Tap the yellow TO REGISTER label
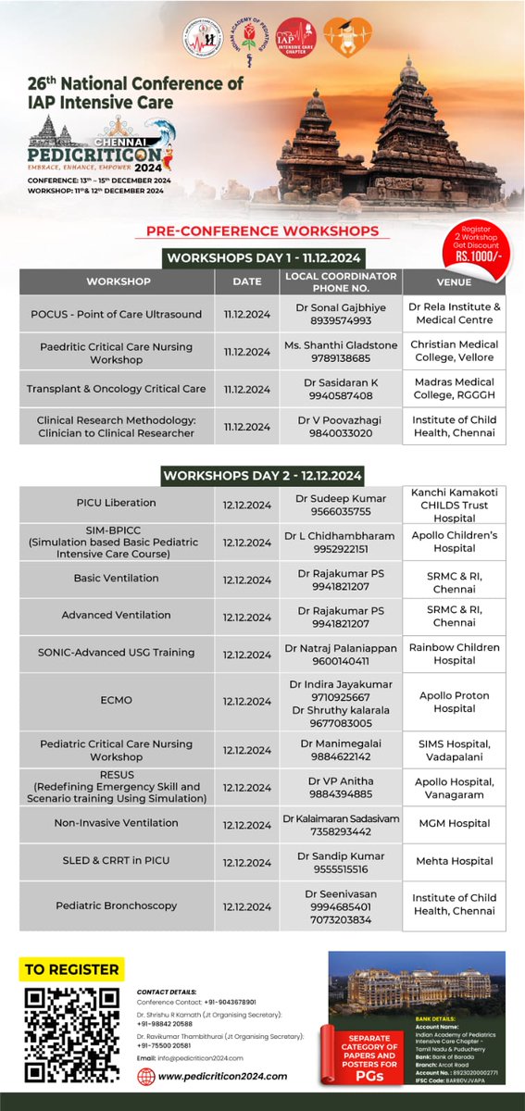click(x=72, y=969)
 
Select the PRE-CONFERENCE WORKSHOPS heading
click(x=262, y=231)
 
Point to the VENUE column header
click(x=454, y=281)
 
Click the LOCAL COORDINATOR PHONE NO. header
click(x=341, y=281)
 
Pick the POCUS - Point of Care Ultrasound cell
click(x=114, y=314)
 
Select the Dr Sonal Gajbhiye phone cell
click(x=341, y=314)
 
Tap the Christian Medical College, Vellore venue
click(x=454, y=352)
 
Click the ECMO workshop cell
click(x=116, y=702)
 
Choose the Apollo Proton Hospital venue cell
click(x=454, y=702)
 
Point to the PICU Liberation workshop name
click(x=116, y=504)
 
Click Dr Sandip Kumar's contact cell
click(x=341, y=861)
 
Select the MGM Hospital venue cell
click(x=454, y=824)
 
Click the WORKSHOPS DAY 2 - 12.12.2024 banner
click(x=262, y=475)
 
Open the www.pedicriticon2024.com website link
click(x=222, y=1077)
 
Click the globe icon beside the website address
click(x=146, y=1077)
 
